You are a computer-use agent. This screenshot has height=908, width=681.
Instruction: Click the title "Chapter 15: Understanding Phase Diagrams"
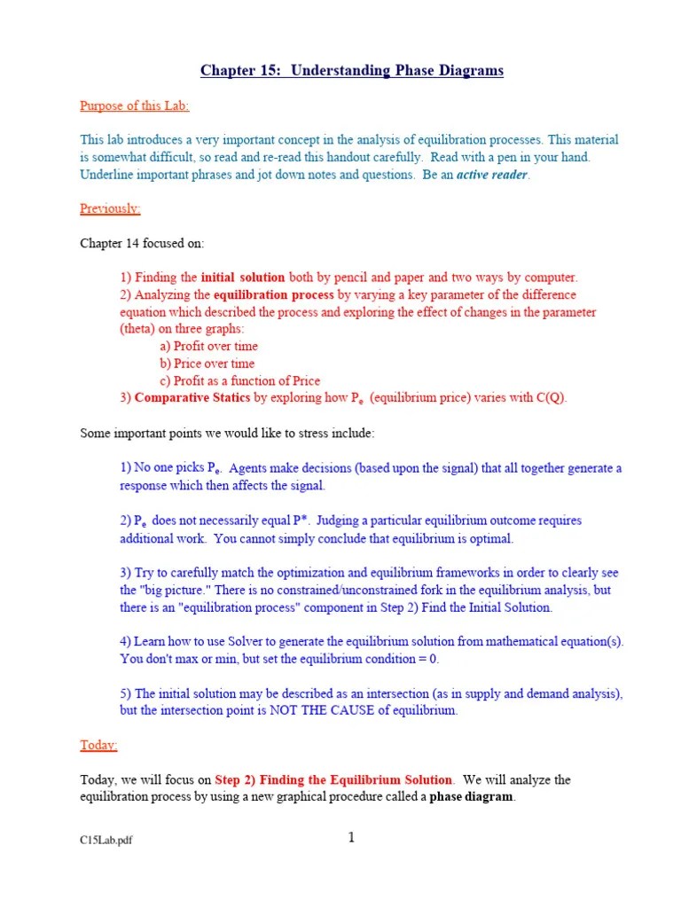tap(351, 70)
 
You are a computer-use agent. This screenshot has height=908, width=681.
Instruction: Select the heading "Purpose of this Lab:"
tap(134, 106)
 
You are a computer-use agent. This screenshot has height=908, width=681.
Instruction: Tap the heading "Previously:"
tap(110, 208)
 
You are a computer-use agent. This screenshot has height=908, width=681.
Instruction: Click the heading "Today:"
tap(98, 745)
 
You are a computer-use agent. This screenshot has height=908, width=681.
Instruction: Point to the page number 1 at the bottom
tap(351, 838)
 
